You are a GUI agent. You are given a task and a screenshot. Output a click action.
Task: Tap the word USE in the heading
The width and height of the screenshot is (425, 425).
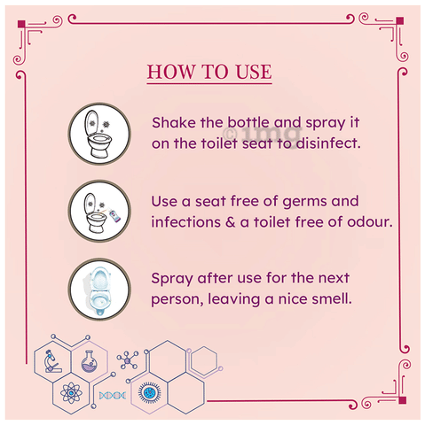tap(254, 72)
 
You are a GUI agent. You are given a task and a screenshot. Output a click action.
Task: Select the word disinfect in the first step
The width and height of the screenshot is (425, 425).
tap(328, 143)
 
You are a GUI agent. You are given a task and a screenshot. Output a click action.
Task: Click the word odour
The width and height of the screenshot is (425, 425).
tap(370, 222)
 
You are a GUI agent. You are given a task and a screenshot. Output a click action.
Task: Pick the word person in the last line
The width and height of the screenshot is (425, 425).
tap(177, 300)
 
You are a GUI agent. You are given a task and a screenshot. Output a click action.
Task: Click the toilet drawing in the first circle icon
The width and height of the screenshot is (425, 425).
tap(98, 134)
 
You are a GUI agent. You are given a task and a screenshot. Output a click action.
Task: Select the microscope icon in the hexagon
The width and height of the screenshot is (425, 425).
tap(51, 361)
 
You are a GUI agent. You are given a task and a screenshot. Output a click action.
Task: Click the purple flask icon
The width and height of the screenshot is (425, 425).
tap(90, 361)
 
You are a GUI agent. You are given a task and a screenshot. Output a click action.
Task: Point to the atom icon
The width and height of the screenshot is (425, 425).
tap(71, 393)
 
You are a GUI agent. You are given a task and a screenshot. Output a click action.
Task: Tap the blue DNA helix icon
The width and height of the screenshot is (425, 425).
tap(113, 395)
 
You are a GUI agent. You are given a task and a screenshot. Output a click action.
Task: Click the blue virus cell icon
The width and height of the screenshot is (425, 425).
tap(149, 392)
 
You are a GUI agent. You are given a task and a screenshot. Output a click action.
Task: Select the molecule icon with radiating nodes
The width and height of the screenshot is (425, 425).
tap(128, 360)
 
